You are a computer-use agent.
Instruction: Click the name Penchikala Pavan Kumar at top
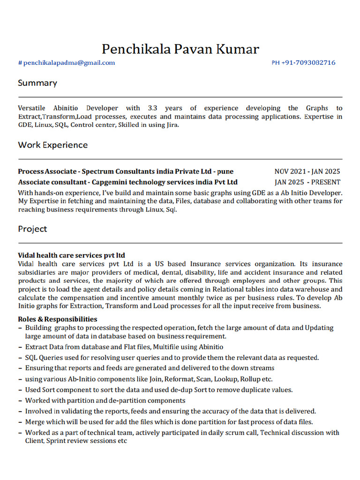(x=180, y=49)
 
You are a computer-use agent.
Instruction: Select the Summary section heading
(x=37, y=83)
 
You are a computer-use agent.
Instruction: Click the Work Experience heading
(x=52, y=145)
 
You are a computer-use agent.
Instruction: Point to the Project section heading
(x=32, y=229)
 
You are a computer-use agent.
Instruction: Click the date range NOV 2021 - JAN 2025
(x=307, y=172)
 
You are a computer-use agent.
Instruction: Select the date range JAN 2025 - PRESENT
(x=307, y=182)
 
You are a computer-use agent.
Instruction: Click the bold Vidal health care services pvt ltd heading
(x=71, y=255)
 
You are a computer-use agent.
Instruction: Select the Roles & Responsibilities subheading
(x=58, y=319)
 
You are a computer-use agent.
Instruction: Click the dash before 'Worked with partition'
(x=20, y=401)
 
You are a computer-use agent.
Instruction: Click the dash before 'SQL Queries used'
(x=20, y=358)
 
